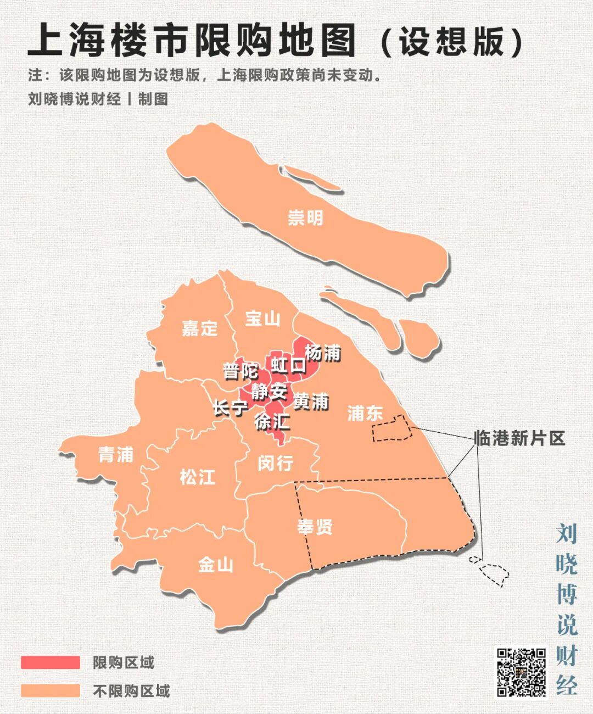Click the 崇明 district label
[x=305, y=218]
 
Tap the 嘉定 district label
[x=200, y=328]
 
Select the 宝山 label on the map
[x=262, y=319]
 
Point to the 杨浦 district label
[x=323, y=352]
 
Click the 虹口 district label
[x=288, y=365]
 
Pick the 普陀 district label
[x=240, y=371]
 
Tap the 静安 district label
[x=269, y=392]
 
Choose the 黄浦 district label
[x=311, y=401]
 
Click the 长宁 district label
[x=231, y=408]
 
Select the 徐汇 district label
[x=272, y=422]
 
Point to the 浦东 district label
[x=365, y=413]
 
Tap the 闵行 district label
[x=275, y=463]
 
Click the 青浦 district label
[x=116, y=454]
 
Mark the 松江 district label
[x=198, y=476]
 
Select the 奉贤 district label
[x=315, y=526]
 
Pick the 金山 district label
[x=216, y=564]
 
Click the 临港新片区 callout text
[x=519, y=438]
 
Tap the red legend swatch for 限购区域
[x=51, y=662]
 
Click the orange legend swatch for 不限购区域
[x=51, y=690]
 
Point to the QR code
[x=522, y=672]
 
